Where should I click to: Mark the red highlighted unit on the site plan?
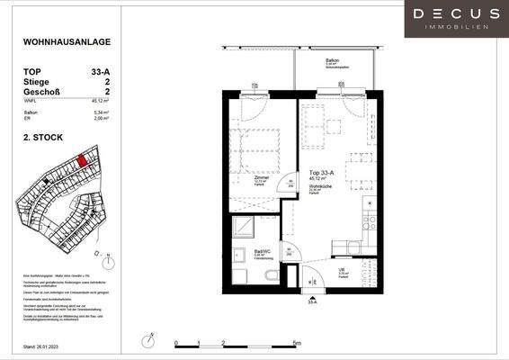point(83,160)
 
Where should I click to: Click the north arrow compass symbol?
point(107,261)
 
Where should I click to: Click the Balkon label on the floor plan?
point(330,60)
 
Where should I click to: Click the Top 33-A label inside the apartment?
point(321,173)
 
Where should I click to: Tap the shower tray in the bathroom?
point(243,227)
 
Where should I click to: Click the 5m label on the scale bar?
point(296,343)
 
